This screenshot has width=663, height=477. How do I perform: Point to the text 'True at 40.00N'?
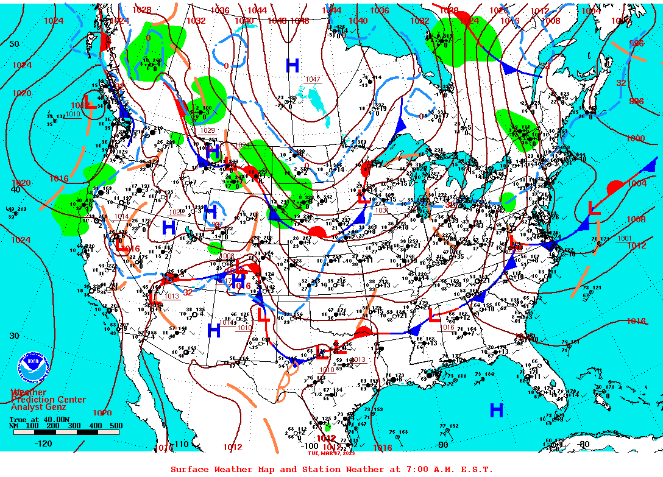[40, 419]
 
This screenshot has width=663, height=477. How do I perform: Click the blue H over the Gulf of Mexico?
[497, 411]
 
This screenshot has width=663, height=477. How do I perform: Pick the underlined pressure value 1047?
[313, 80]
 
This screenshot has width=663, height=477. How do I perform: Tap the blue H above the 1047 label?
[292, 65]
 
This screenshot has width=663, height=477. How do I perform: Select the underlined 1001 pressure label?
[625, 238]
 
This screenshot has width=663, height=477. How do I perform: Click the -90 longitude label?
[442, 444]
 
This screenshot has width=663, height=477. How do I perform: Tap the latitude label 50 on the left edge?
[14, 44]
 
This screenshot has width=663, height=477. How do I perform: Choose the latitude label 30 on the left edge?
[14, 336]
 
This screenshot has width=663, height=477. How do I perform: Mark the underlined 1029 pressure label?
[207, 130]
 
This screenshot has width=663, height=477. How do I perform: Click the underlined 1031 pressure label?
[381, 210]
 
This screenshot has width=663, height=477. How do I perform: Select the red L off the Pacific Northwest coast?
[89, 104]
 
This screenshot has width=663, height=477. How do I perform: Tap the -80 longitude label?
[584, 444]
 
